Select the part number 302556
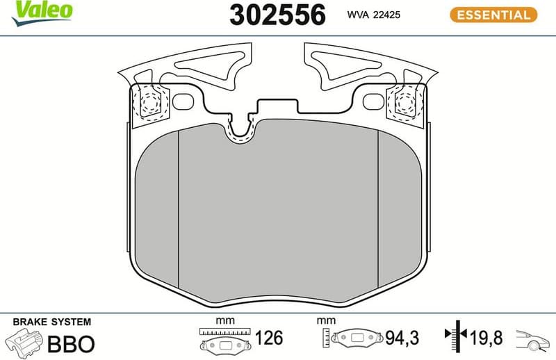tap(277, 15)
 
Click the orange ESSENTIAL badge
tap(493, 14)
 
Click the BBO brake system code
tap(69, 343)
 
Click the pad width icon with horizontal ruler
tap(223, 339)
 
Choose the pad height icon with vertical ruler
tap(354, 338)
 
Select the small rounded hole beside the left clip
tap(183, 101)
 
